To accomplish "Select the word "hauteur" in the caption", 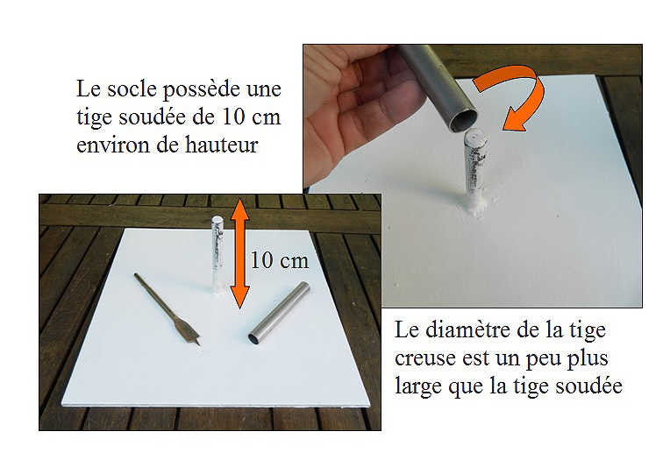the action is click(x=222, y=145).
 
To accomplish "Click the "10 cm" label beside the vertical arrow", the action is click(x=280, y=260).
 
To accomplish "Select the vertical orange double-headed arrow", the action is click(x=239, y=253).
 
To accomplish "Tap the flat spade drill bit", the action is click(x=167, y=309).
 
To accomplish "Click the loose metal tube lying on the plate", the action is click(x=279, y=313).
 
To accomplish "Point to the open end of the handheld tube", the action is click(x=464, y=120).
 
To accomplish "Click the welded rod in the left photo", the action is click(x=217, y=256).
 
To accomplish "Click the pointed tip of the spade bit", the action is click(x=199, y=344).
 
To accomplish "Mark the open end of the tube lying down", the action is click(x=254, y=338).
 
